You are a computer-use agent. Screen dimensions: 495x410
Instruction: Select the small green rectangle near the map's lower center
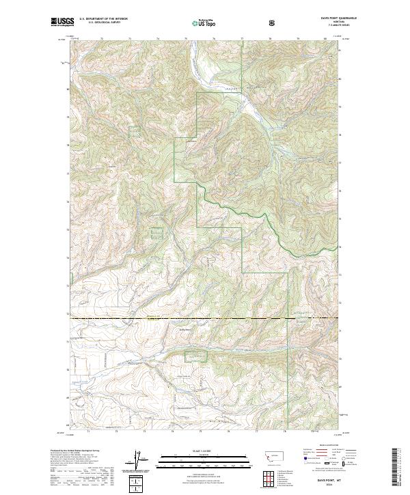(195, 356)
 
